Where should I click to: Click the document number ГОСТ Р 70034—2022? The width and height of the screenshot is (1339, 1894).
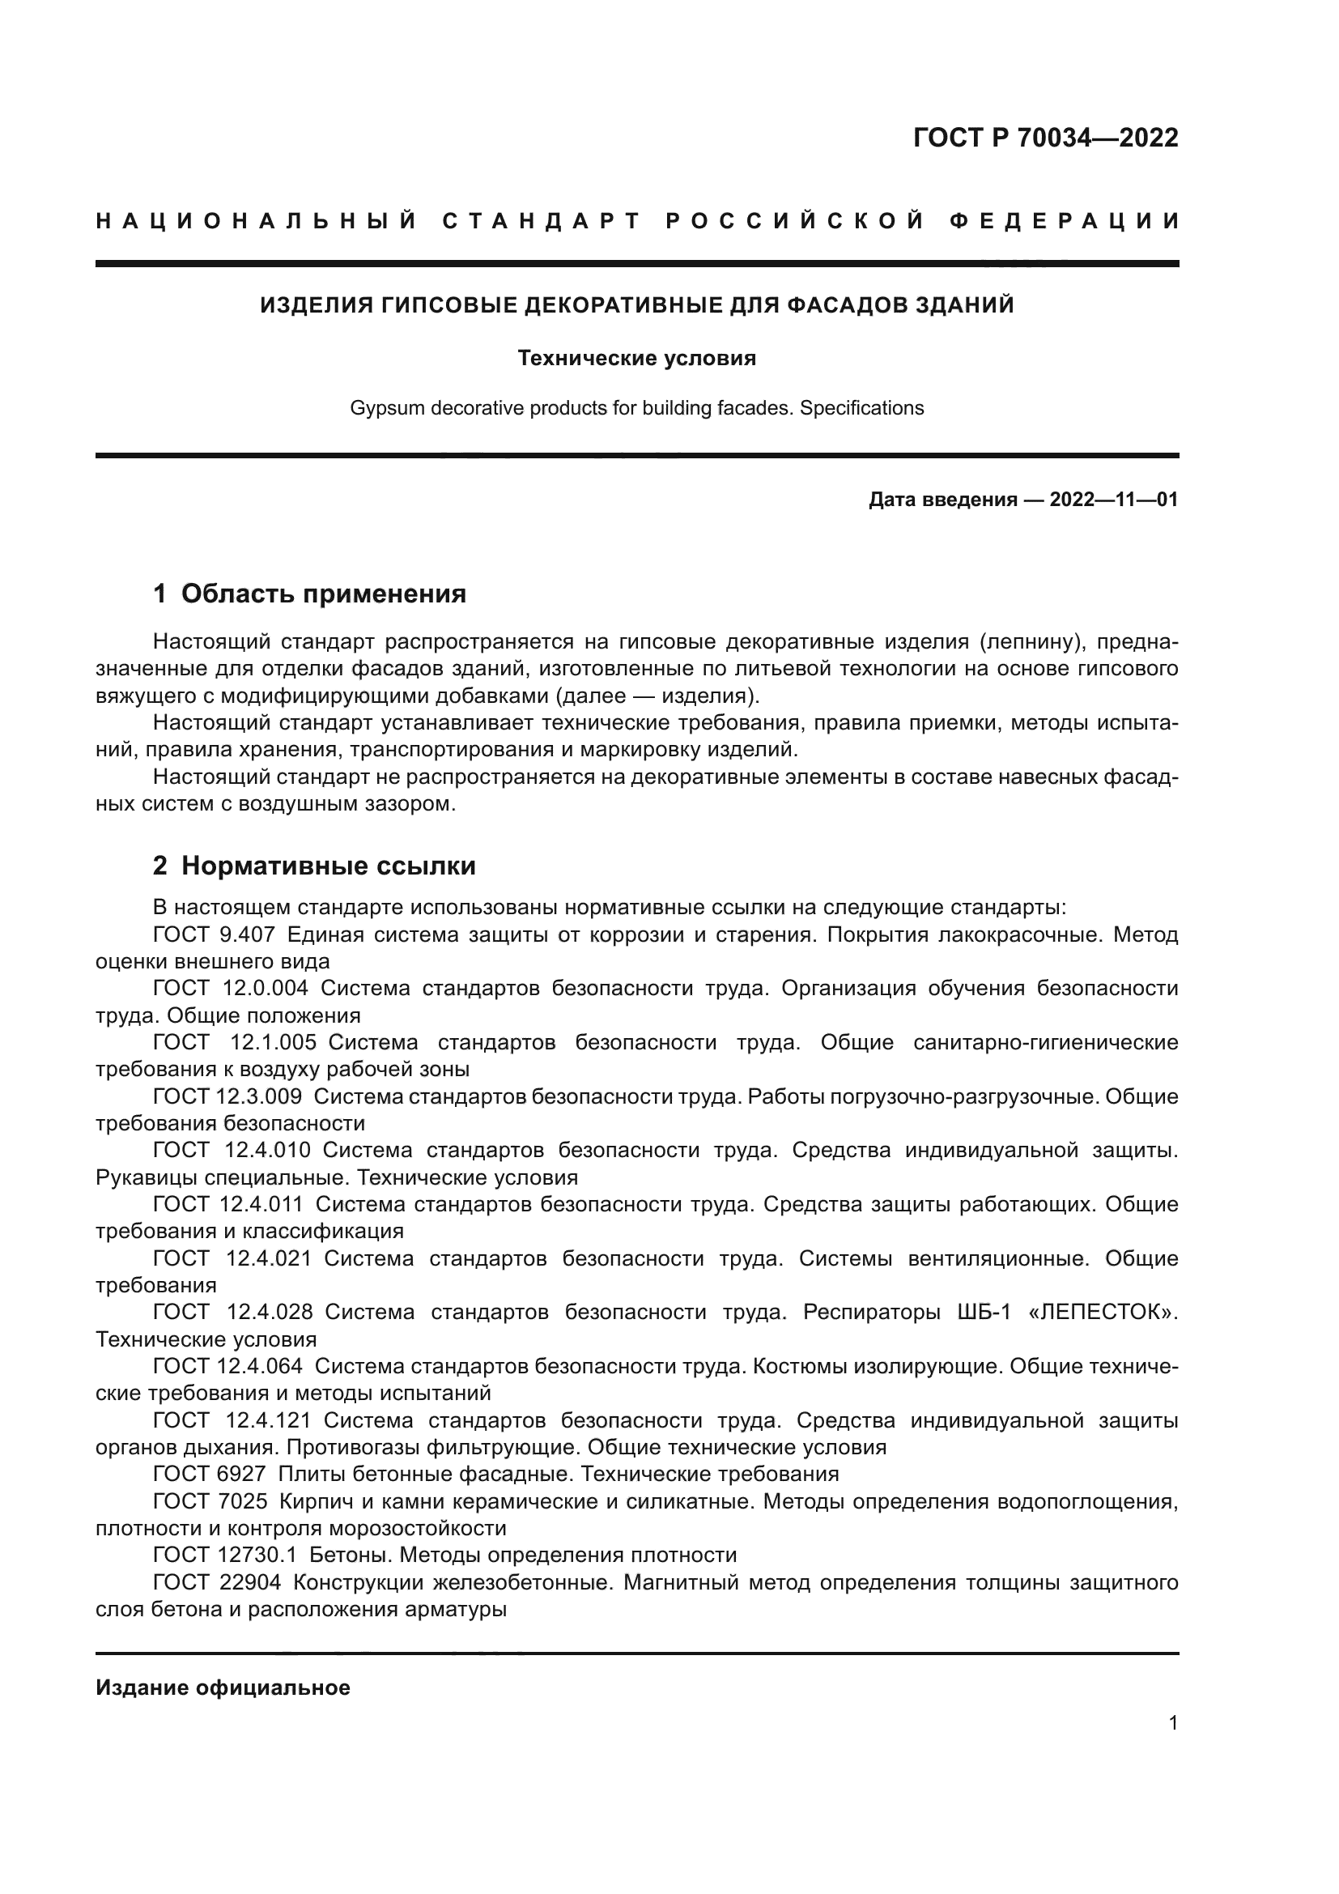pyautogui.click(x=1045, y=138)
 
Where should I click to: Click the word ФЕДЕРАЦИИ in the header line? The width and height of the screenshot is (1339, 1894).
pyautogui.click(x=1064, y=221)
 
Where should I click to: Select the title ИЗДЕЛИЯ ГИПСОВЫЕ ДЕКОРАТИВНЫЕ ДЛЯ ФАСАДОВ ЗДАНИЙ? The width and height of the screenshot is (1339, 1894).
pyautogui.click(x=636, y=305)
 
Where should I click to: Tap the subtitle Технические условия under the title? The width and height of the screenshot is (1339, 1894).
pyautogui.click(x=636, y=358)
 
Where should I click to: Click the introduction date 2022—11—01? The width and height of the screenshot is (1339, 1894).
pyautogui.click(x=1113, y=500)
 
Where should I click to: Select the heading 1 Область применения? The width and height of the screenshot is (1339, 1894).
pyautogui.click(x=309, y=593)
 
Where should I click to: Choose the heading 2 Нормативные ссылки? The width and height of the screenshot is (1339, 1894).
pyautogui.click(x=314, y=866)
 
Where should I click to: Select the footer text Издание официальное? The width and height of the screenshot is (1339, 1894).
pyautogui.click(x=223, y=1688)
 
